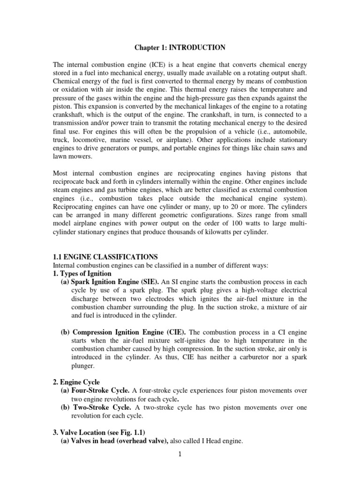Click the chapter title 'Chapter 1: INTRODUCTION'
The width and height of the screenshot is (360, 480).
pos(180,47)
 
